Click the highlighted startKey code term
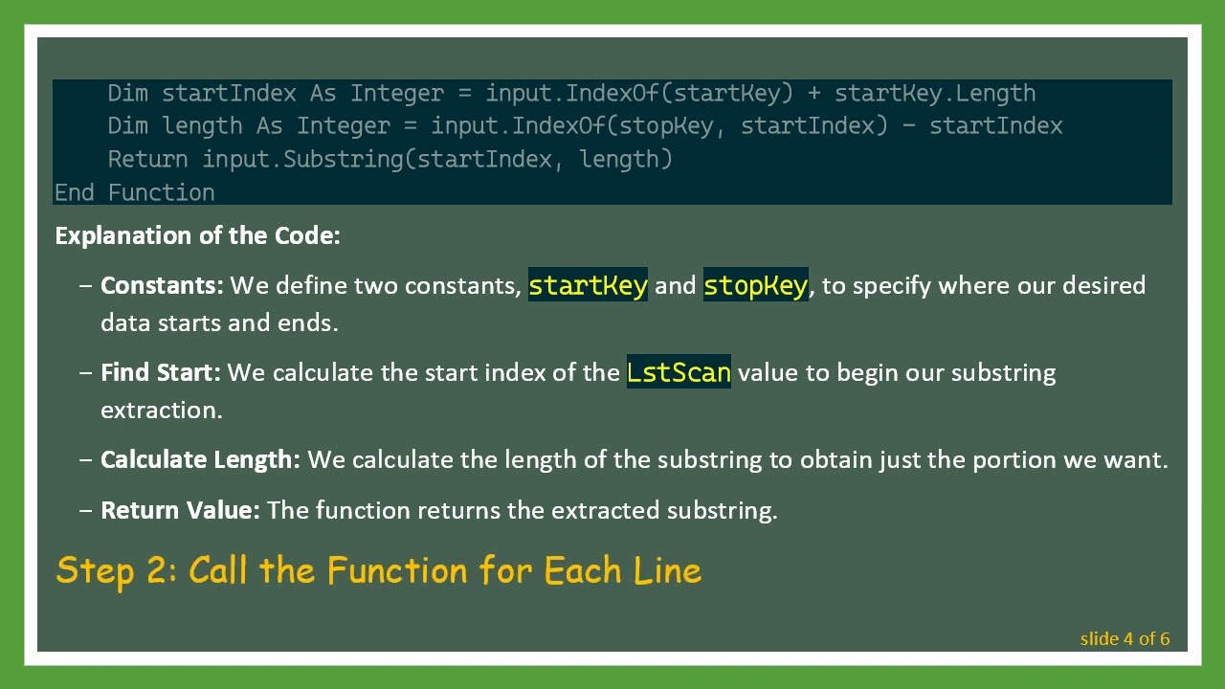click(588, 285)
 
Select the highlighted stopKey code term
click(755, 285)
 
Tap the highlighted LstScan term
click(679, 372)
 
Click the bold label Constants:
click(162, 285)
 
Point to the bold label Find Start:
click(160, 372)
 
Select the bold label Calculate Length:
click(200, 459)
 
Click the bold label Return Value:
click(180, 510)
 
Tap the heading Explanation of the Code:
click(197, 235)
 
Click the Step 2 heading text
click(379, 570)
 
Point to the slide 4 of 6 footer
click(1125, 638)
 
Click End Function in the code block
click(134, 192)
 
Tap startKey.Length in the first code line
click(935, 93)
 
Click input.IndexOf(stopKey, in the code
click(578, 125)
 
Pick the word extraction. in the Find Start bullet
click(161, 410)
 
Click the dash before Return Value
click(86, 510)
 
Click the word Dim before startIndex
click(127, 93)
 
